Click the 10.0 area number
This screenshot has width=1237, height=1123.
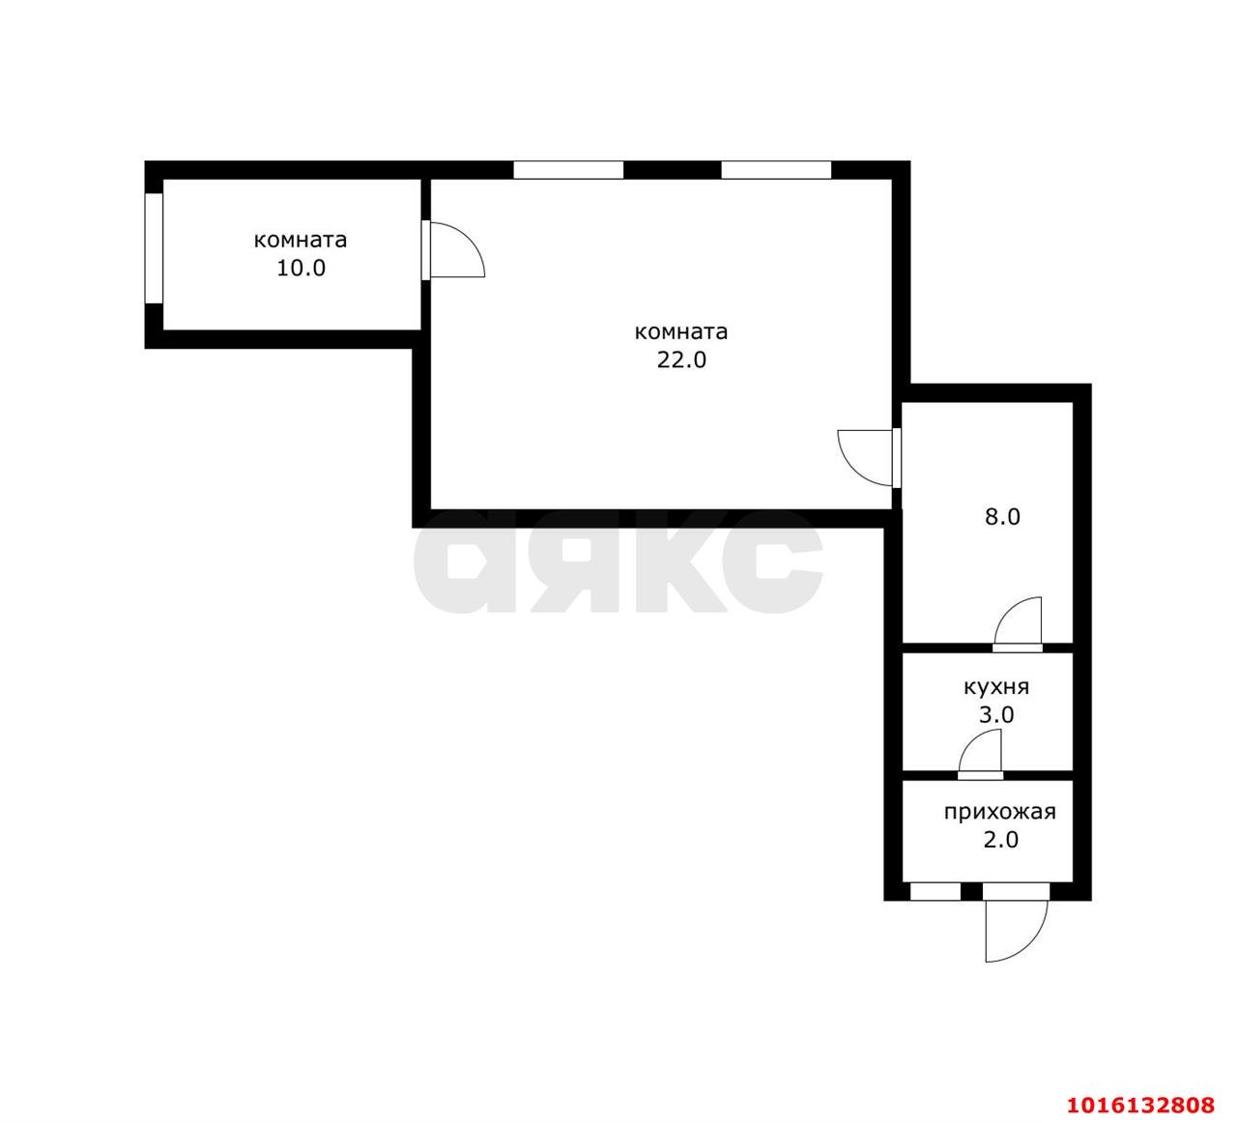301,269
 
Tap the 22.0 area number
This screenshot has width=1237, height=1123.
681,360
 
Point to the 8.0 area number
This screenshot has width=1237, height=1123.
1002,517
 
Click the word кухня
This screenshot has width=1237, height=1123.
996,687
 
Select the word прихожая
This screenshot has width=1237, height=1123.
1000,813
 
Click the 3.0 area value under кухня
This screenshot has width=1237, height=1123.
996,715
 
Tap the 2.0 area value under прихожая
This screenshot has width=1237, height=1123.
1001,840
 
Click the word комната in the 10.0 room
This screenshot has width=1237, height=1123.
301,240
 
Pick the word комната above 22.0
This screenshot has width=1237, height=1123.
681,332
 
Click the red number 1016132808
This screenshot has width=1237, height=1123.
1140,1105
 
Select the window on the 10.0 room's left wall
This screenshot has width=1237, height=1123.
154,248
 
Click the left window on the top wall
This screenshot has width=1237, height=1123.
568,170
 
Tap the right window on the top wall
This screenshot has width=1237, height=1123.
776,170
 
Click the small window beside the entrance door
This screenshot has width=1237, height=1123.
935,891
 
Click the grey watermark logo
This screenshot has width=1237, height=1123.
618,561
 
